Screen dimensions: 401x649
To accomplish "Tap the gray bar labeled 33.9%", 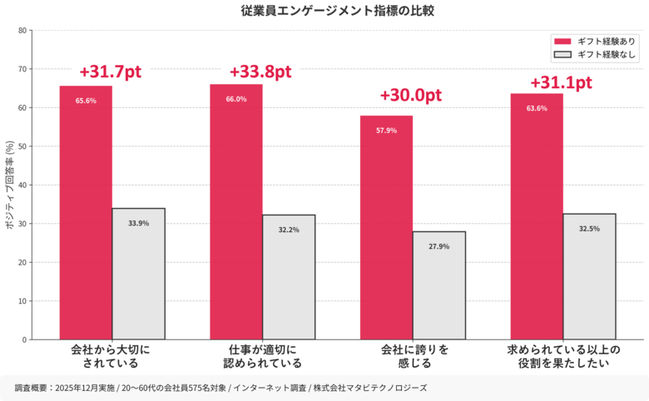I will pyautogui.click(x=138, y=274).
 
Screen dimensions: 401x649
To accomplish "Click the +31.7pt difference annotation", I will pyautogui.click(x=111, y=72).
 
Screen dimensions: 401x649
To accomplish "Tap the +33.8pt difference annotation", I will pyautogui.click(x=260, y=71).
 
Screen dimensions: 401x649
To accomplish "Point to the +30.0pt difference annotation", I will pyautogui.click(x=410, y=95).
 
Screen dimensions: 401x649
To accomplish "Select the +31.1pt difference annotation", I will pyautogui.click(x=561, y=82).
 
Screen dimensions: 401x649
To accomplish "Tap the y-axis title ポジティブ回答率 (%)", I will pyautogui.click(x=9, y=185).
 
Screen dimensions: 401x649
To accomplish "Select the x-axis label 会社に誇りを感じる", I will pyautogui.click(x=414, y=356).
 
